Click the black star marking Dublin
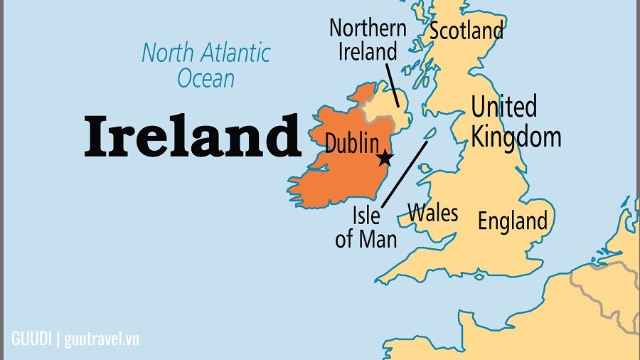coord(385,158)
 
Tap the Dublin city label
coord(351,142)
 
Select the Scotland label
coord(466,31)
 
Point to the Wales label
coord(432,213)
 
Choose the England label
coord(512,221)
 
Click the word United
coord(503,108)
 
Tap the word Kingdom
coord(516,135)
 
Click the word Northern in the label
coord(368,28)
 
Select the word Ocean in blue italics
coord(206,78)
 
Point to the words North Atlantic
coord(206,53)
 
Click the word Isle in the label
coord(366,215)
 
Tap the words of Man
coord(366,238)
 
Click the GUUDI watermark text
coord(32,338)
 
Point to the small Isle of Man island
coord(430,133)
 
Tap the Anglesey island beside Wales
coord(425,169)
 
